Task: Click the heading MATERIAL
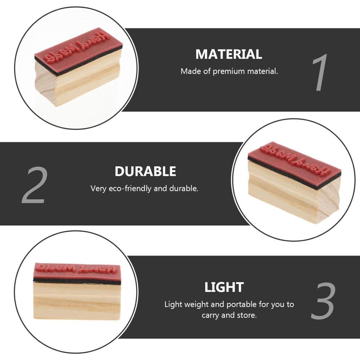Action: [229, 54]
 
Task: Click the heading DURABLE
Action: [145, 171]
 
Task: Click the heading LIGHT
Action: [224, 287]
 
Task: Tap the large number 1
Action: [320, 73]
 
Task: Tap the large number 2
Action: [35, 185]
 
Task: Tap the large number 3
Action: [323, 301]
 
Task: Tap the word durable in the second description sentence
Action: [184, 189]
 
